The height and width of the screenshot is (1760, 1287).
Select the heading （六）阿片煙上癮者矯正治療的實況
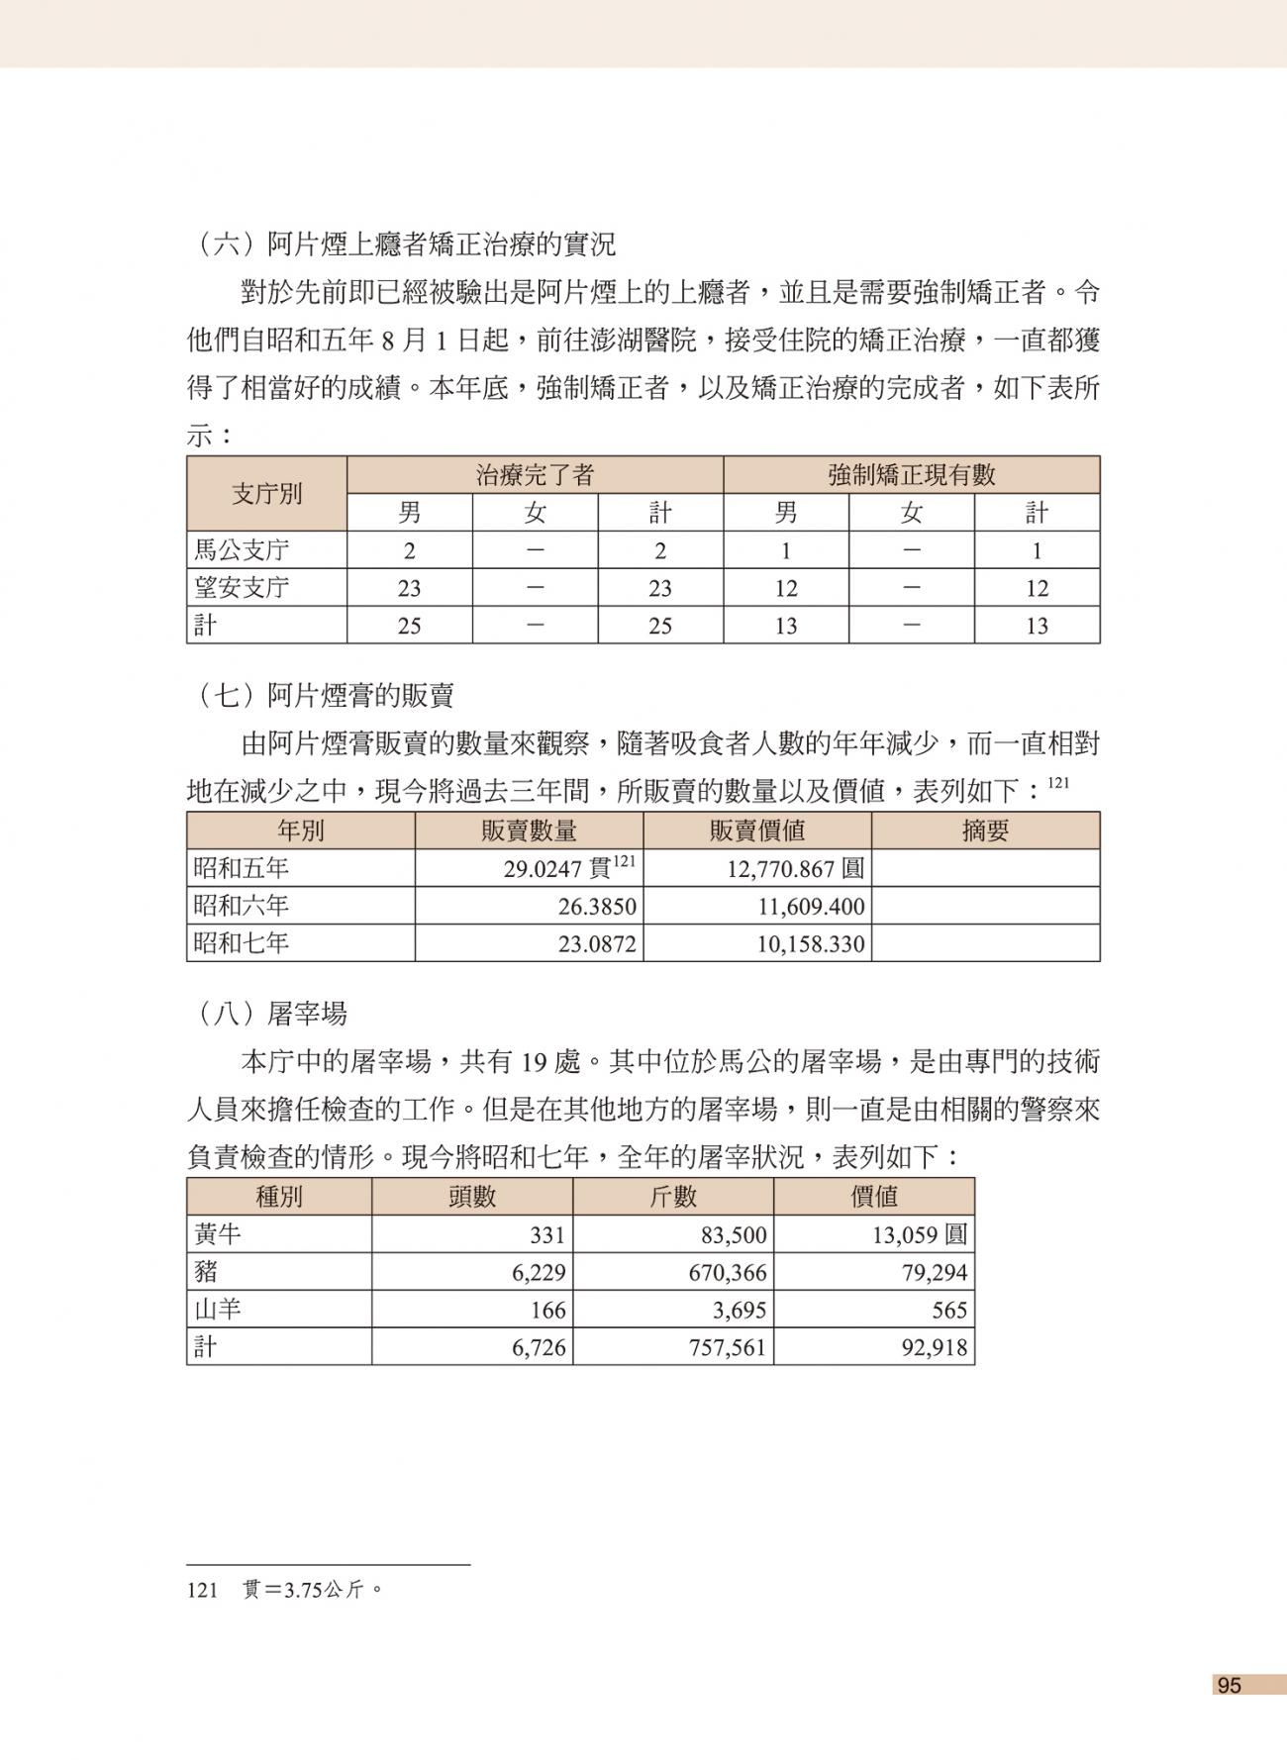coord(405,244)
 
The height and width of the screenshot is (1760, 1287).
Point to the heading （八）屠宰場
coord(271,1014)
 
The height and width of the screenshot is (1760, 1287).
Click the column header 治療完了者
coord(535,475)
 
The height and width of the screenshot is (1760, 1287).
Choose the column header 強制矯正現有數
coord(911,475)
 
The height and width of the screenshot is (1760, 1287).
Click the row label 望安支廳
coord(242,588)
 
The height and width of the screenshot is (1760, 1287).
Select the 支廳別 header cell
coord(266,494)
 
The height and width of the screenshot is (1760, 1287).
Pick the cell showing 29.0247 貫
coord(568,869)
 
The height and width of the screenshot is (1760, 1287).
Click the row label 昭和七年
coord(242,943)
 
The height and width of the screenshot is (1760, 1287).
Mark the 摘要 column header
coord(985,831)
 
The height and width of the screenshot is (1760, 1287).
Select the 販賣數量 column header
coord(529,831)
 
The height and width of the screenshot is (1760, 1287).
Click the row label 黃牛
coord(218,1235)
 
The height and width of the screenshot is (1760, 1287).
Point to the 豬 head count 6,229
coord(539,1273)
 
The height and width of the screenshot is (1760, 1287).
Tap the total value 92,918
coord(934,1348)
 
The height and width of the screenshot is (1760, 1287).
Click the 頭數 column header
coord(472,1197)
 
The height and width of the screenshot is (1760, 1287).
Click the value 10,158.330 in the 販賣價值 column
coord(810,944)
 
